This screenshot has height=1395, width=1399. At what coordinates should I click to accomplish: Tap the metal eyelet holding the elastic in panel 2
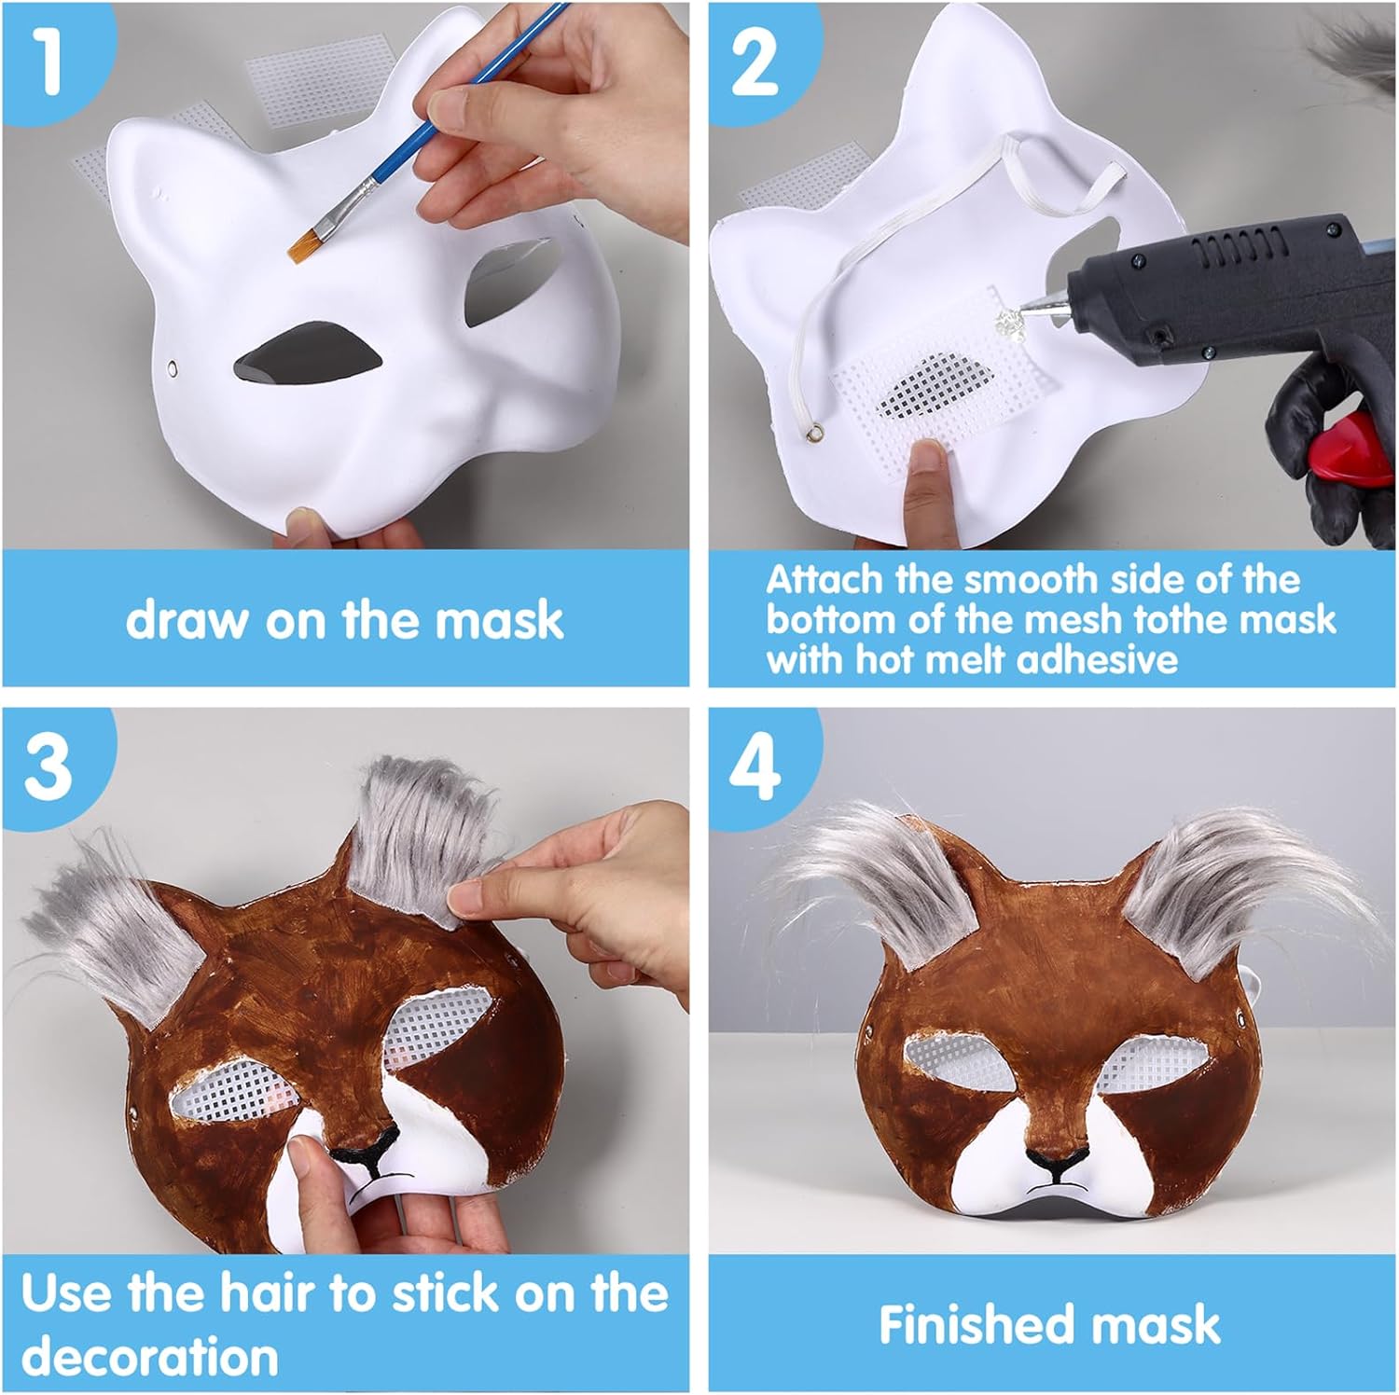click(820, 431)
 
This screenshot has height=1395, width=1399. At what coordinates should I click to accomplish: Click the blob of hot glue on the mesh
click(1008, 323)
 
